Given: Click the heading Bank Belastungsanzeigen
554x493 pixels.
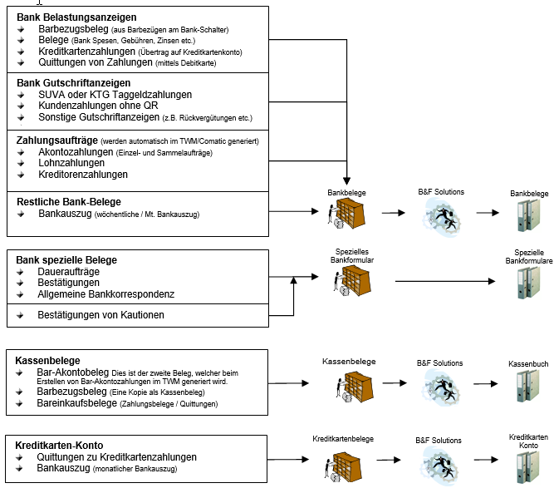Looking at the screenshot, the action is pyautogui.click(x=76, y=17).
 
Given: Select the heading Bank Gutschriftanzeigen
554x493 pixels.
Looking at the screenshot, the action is pyautogui.click(x=73, y=83).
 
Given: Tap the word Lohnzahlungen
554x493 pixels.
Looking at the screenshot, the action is pyautogui.click(x=71, y=163).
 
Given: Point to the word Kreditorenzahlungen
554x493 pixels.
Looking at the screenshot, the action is pyautogui.click(x=83, y=175).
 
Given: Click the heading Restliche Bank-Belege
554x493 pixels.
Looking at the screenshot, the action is pyautogui.click(x=69, y=201).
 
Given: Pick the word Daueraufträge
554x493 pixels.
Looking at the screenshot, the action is pyautogui.click(x=69, y=272).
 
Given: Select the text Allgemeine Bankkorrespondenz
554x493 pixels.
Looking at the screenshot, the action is pyautogui.click(x=106, y=294).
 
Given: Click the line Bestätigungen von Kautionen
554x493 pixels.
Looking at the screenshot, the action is pyautogui.click(x=101, y=315).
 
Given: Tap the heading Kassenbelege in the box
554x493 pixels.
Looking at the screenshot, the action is pyautogui.click(x=47, y=360).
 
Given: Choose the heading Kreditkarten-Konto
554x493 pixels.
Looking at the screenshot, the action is pyautogui.click(x=59, y=446).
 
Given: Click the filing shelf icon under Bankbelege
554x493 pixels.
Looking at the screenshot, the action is pyautogui.click(x=346, y=214).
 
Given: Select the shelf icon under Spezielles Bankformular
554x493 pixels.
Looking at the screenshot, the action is pyautogui.click(x=352, y=281).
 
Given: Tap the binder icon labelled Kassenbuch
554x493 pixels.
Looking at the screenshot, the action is pyautogui.click(x=528, y=386).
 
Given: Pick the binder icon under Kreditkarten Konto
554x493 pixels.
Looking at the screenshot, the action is pyautogui.click(x=528, y=467).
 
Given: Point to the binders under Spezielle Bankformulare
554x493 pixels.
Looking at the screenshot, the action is pyautogui.click(x=529, y=283).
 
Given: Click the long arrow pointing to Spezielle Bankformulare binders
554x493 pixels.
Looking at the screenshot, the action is pyautogui.click(x=445, y=281).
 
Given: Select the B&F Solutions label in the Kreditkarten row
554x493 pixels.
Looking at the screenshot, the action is pyautogui.click(x=439, y=441).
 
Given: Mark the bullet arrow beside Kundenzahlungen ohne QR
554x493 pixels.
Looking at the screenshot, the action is pyautogui.click(x=21, y=106).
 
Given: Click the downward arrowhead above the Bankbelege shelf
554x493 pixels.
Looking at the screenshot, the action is pyautogui.click(x=346, y=180).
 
